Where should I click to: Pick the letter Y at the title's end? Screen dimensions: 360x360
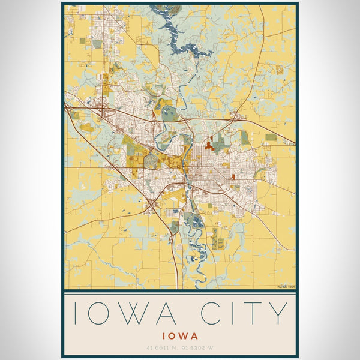click(x=279, y=313)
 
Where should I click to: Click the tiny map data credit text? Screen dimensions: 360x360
click(x=285, y=287)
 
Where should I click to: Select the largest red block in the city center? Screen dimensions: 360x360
click(x=209, y=145)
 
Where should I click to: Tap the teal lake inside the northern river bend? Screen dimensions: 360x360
click(x=170, y=113)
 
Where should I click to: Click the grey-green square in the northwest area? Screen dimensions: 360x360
click(x=97, y=44)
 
